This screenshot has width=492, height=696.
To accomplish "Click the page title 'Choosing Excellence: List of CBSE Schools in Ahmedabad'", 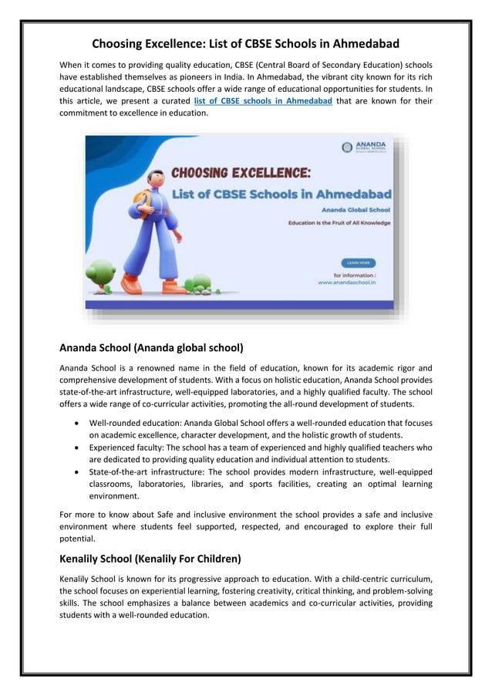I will pyautogui.click(x=245, y=44).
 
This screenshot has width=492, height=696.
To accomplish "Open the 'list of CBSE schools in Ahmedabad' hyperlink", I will pyautogui.click(x=263, y=101).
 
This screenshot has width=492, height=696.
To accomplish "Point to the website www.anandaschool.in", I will pyautogui.click(x=346, y=282).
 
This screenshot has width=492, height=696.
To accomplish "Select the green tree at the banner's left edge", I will pyautogui.click(x=100, y=272).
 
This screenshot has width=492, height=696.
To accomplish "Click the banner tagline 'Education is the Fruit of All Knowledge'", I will pyautogui.click(x=339, y=223).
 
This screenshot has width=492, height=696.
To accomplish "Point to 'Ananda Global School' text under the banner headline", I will pyautogui.click(x=356, y=210).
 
